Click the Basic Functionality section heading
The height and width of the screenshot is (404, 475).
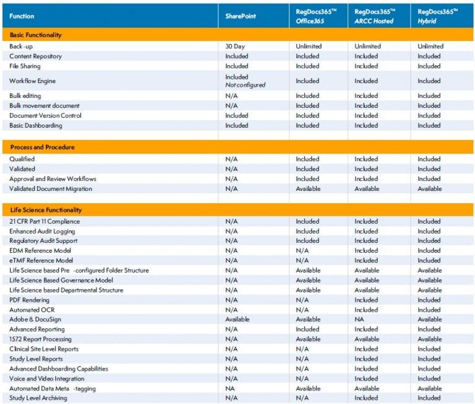click(35, 35)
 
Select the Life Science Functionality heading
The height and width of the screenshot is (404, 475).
click(45, 210)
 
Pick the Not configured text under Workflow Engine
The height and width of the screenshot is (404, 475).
click(245, 85)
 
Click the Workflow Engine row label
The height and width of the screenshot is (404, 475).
click(28, 81)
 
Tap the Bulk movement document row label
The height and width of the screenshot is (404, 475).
click(44, 106)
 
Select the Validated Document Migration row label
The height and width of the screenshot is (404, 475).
click(51, 189)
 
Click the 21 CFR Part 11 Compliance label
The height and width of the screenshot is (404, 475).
click(45, 221)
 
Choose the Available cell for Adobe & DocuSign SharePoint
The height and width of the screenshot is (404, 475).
click(237, 320)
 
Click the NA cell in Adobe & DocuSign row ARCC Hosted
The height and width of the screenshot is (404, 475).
click(359, 320)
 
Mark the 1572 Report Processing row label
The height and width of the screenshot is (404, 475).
click(40, 340)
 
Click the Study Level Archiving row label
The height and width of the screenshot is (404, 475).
click(38, 398)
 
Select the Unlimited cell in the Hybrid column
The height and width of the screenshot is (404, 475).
click(430, 46)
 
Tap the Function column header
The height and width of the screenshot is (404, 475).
click(22, 16)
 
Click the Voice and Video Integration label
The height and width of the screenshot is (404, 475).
click(47, 379)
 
